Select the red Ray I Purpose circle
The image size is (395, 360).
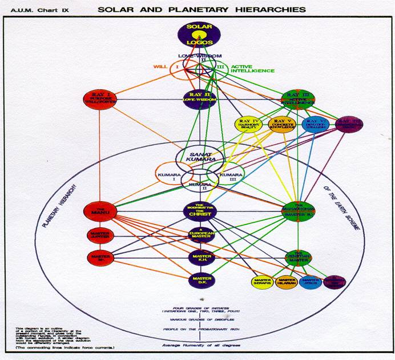tap(99, 99)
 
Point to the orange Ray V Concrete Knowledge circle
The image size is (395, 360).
tap(281, 124)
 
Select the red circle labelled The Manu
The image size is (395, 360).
tap(99, 211)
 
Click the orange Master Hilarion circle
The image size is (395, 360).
tap(287, 281)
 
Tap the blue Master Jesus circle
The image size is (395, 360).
tap(311, 281)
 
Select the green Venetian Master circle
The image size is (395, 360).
tap(297, 257)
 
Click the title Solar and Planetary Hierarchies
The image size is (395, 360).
tap(200, 10)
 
